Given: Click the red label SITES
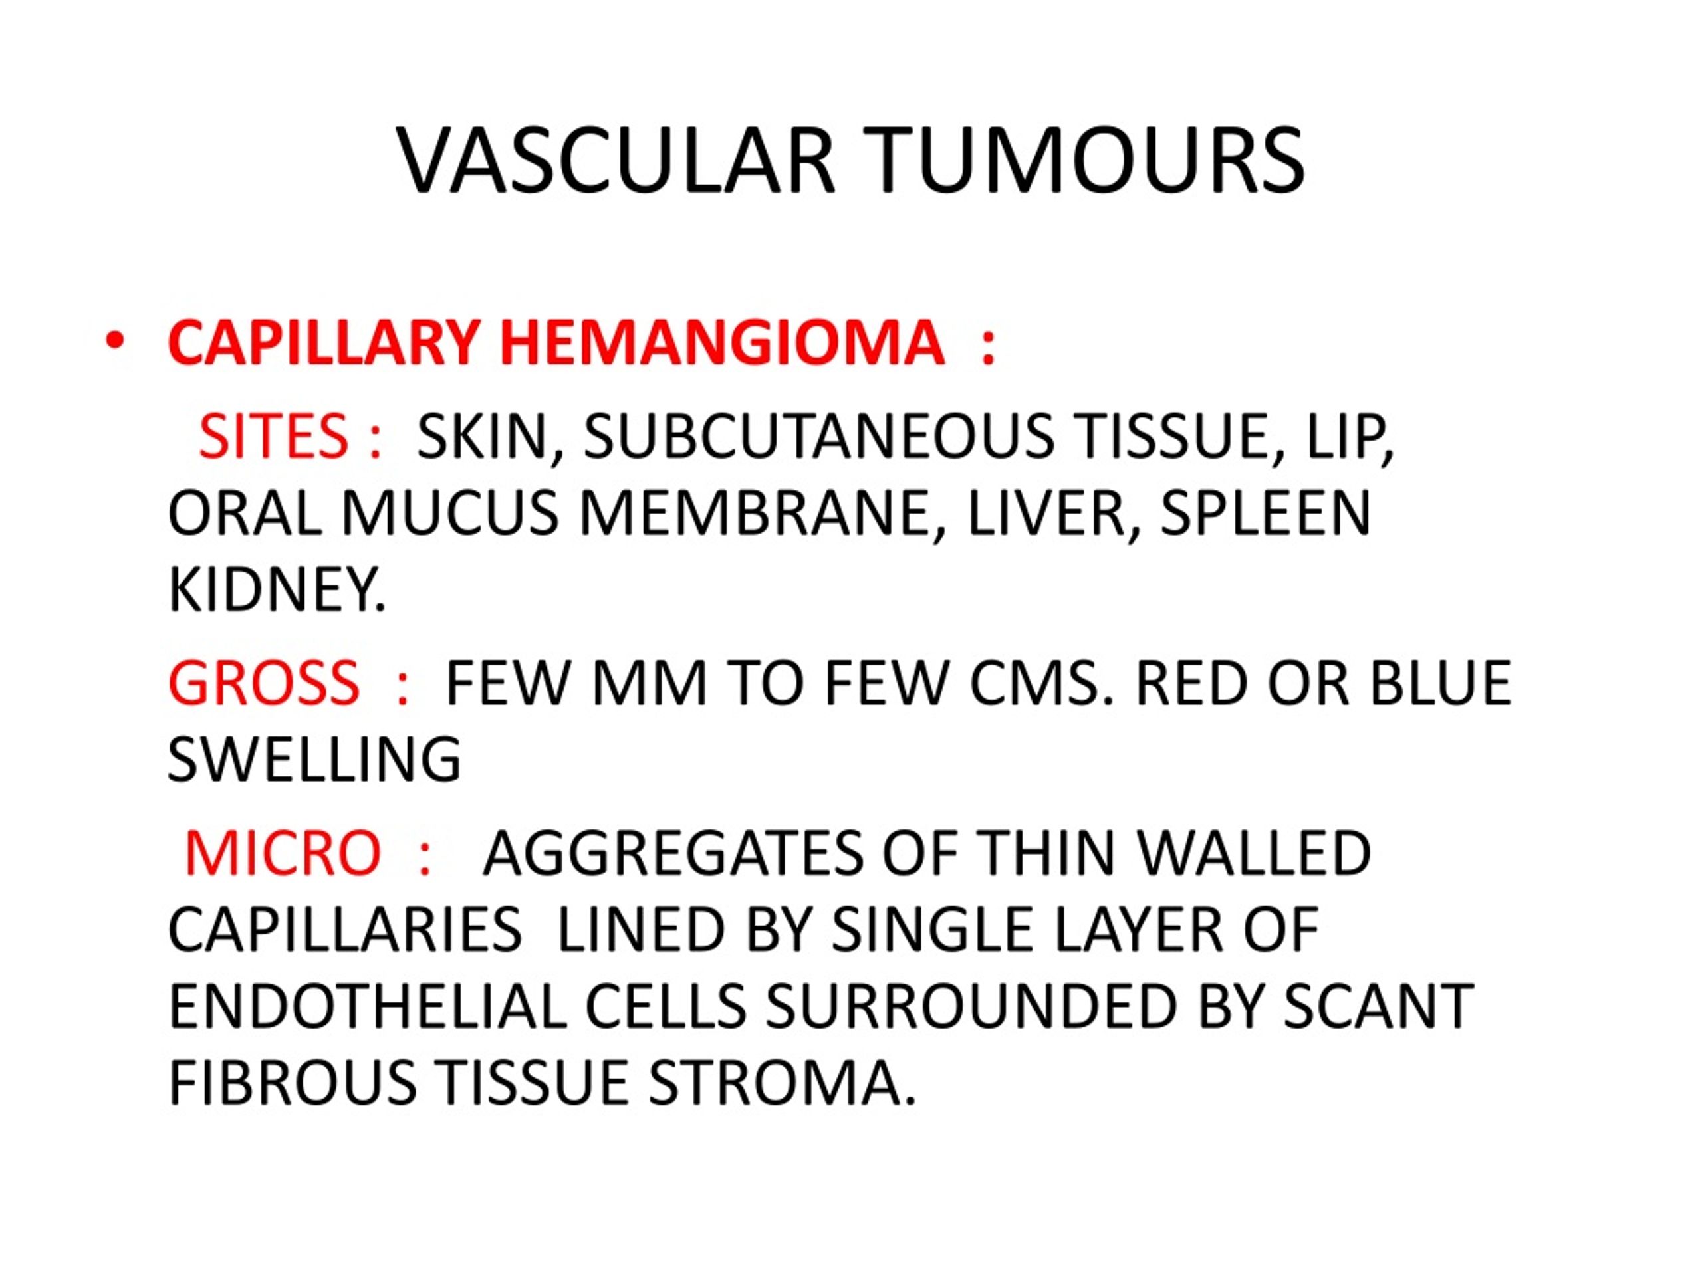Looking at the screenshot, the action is click(x=273, y=435).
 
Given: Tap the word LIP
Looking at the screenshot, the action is click(x=1346, y=437).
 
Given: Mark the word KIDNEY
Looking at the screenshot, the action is click(x=276, y=589).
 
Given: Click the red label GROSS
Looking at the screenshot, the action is click(x=263, y=683).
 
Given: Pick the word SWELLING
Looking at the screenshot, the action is click(x=314, y=759).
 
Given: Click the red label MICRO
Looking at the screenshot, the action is click(x=283, y=853).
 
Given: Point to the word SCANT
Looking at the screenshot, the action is click(x=1378, y=1006).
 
